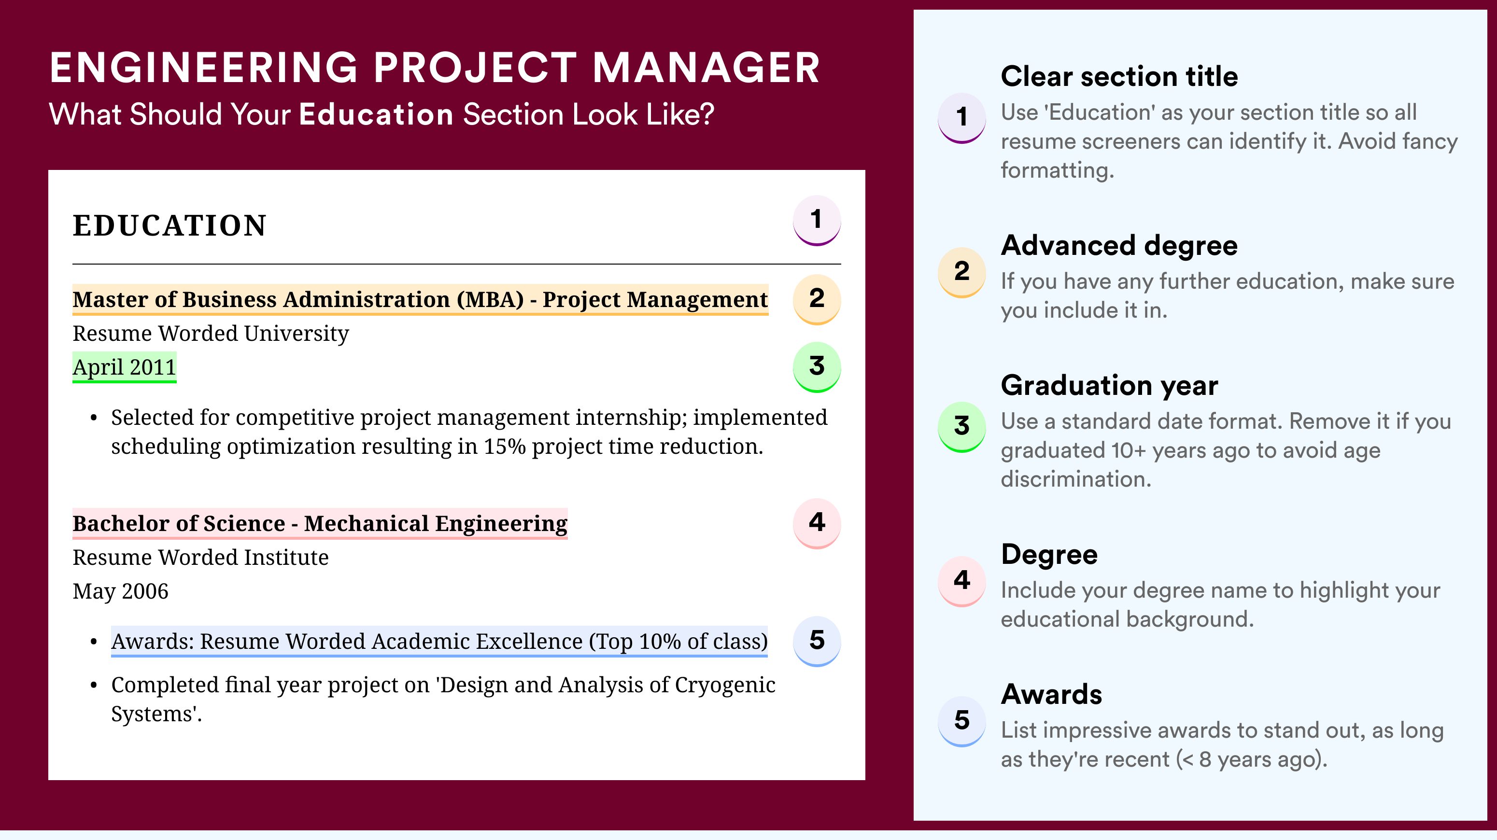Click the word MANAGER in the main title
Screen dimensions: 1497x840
click(x=706, y=68)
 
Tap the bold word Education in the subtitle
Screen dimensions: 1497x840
click(x=376, y=114)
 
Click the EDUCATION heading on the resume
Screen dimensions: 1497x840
click(x=169, y=225)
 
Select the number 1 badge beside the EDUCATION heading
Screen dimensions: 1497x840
click(x=817, y=220)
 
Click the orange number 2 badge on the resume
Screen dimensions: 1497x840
click(x=817, y=299)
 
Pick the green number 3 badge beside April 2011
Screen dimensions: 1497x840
click(x=817, y=366)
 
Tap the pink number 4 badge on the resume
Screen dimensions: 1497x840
click(x=817, y=523)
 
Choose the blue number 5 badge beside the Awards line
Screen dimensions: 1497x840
click(x=817, y=641)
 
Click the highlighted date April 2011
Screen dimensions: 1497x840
click(x=125, y=367)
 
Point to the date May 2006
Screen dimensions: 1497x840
click(x=120, y=591)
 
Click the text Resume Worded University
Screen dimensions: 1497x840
click(x=211, y=334)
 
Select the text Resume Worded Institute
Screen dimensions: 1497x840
click(x=200, y=558)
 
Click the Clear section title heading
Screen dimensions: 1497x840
click(x=1119, y=76)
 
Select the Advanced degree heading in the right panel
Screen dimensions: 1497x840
click(x=1119, y=246)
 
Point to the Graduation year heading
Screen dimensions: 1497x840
click(x=1109, y=385)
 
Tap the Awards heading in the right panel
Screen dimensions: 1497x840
click(x=1051, y=694)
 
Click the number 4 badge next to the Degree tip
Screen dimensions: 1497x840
click(x=962, y=580)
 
